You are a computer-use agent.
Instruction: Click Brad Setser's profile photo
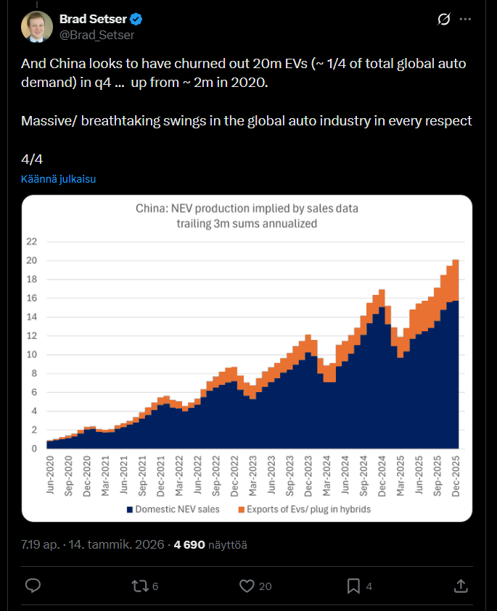coord(37,26)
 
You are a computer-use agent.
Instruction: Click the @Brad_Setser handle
coord(96,35)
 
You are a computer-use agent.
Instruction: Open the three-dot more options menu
coord(466,19)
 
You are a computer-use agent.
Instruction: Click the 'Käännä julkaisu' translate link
coord(59,179)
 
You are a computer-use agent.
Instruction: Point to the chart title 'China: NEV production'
coord(247,209)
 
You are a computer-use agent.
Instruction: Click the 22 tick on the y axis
coord(32,241)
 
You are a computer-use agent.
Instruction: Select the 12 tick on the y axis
coord(32,336)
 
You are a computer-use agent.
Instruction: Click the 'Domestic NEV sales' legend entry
coord(174,510)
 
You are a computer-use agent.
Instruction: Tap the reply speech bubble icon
coord(33,585)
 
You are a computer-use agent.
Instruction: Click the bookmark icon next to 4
coord(353,585)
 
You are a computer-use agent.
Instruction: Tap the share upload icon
coord(460,585)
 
